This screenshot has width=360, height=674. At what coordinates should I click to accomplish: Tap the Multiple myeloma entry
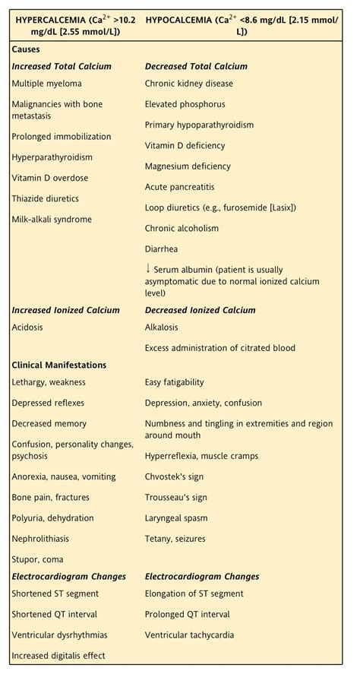46,84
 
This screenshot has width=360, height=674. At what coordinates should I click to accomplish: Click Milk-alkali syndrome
51,220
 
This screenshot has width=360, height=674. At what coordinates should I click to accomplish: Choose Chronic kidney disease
189,84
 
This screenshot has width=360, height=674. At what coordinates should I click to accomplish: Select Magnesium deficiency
188,166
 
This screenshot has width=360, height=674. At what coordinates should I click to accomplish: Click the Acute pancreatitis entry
179,186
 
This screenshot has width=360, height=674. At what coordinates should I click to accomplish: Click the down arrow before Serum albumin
148,268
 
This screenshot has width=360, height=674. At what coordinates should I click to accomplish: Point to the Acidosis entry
27,328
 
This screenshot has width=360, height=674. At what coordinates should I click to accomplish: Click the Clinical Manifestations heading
59,365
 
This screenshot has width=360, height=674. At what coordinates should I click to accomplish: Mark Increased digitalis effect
58,656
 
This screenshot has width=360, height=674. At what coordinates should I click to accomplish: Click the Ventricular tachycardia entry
189,635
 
